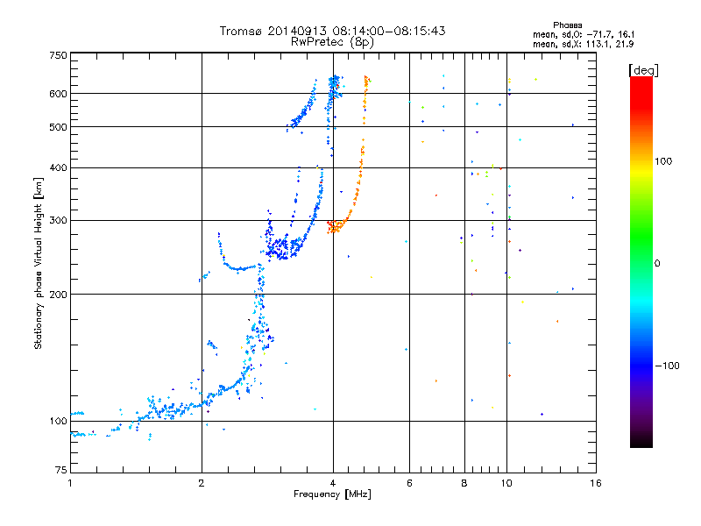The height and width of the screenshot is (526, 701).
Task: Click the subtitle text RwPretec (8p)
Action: coord(332,42)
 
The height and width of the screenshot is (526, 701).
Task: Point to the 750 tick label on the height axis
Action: coord(58,55)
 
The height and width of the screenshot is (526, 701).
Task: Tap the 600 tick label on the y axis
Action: coord(58,94)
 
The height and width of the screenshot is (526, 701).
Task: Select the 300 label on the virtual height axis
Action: coord(58,220)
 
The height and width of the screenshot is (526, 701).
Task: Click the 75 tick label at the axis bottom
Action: coord(61,470)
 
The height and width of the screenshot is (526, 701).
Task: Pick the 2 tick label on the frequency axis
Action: coord(202,483)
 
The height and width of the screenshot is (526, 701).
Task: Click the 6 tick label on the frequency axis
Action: coord(409,483)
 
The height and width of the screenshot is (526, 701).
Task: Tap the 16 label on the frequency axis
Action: coord(596,483)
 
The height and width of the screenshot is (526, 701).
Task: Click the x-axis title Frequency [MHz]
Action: coord(332,494)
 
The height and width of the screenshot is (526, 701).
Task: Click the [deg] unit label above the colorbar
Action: coord(643,70)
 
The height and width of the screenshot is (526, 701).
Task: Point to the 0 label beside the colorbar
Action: coord(656,263)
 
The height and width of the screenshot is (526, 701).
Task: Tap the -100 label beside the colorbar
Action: coord(667,366)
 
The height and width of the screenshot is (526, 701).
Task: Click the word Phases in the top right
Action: coord(567,25)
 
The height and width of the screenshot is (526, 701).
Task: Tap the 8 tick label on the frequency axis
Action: coord(464,483)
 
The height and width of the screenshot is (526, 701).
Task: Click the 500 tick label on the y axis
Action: coord(58,126)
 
